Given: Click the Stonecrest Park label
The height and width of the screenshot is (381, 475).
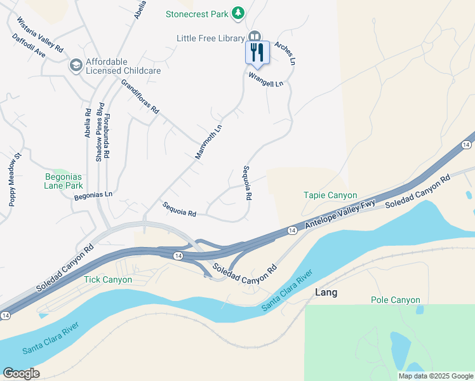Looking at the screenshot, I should [x=196, y=13].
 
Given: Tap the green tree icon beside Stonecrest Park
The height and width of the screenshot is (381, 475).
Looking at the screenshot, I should [x=237, y=13].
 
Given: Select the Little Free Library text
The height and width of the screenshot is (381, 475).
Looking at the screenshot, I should [x=210, y=39].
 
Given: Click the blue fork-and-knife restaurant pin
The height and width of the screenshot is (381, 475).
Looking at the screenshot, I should [x=257, y=52].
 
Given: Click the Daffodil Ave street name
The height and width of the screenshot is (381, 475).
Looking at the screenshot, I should [x=29, y=46].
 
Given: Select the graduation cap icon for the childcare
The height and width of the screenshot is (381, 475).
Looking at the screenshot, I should [x=76, y=65].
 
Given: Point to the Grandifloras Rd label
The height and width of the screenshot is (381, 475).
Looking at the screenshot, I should [x=140, y=97].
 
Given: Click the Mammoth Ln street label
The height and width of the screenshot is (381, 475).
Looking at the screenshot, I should [x=208, y=142].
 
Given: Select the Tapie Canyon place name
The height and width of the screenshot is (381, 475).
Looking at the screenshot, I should [x=330, y=195].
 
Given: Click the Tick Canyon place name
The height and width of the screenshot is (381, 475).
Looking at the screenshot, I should [x=108, y=279].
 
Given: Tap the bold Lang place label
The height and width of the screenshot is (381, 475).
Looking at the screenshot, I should [x=326, y=293].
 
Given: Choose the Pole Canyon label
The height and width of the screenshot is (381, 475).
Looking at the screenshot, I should [x=396, y=300].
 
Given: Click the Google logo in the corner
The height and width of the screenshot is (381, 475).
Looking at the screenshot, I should [x=21, y=373].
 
